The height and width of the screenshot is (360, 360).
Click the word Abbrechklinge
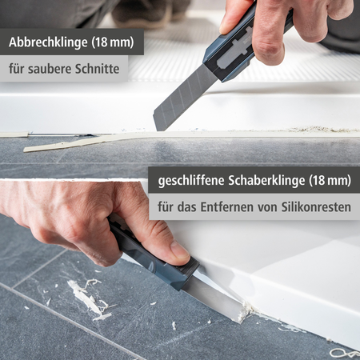[46, 42]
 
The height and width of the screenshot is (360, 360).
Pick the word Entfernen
[236, 206]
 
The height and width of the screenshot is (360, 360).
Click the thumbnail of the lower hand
[179, 251]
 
